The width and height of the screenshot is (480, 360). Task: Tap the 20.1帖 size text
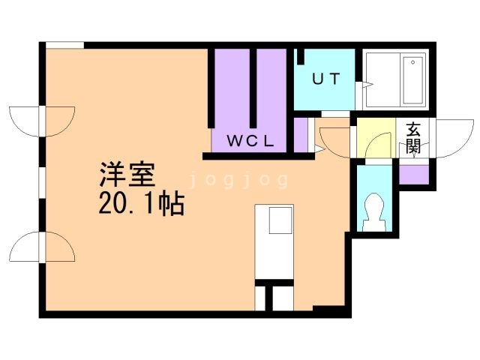(141, 204)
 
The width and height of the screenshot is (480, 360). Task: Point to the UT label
(324, 79)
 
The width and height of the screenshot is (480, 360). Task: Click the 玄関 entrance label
(413, 137)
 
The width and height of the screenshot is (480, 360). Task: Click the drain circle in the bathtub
(409, 61)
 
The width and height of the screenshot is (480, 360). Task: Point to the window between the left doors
(42, 184)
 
